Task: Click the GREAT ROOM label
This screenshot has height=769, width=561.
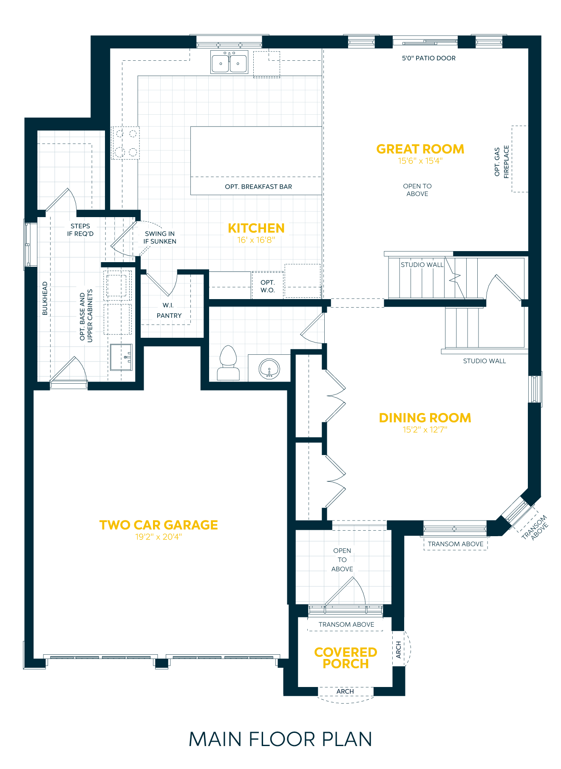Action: point(420,149)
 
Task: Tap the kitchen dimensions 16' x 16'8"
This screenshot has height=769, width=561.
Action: point(256,240)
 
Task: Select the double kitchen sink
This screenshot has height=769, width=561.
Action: point(229,62)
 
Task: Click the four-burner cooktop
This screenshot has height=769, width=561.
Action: point(125,143)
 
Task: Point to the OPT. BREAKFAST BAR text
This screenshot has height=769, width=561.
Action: point(258,187)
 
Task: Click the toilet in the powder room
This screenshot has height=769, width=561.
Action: point(228,362)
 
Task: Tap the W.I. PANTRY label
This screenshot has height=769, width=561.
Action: point(169,311)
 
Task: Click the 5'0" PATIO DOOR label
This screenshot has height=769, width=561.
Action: point(428,58)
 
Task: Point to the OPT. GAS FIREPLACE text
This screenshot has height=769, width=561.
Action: point(501,162)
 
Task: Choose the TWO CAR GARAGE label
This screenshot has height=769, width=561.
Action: point(159,525)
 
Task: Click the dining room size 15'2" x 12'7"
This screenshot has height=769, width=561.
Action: point(425,430)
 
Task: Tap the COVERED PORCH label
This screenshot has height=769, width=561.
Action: point(346,658)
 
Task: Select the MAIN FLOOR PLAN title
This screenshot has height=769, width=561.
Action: point(280,739)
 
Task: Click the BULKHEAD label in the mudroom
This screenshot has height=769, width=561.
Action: point(45,298)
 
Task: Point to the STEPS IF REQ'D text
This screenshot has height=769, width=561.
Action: point(80,230)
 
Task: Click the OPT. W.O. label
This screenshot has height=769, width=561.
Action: point(268,286)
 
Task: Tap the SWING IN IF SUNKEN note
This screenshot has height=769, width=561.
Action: point(160,237)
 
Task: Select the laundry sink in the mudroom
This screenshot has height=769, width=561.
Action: point(121,357)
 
